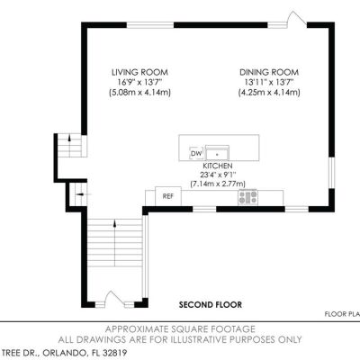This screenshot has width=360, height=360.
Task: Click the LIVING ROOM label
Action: pos(139,72)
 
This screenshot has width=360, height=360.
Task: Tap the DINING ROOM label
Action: pos(269,72)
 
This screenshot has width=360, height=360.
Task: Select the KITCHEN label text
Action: pos(218,166)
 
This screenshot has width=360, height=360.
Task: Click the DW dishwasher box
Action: pos(196,154)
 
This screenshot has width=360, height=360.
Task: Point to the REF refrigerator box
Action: pos(168,196)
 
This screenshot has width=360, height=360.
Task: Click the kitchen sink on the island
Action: pos(218,153)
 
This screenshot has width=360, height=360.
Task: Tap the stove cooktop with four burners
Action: pos(247,197)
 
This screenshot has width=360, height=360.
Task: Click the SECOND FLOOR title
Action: pos(211,305)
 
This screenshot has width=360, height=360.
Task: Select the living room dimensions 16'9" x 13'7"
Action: pos(139,82)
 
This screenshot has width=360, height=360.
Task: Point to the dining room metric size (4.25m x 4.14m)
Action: pos(269,93)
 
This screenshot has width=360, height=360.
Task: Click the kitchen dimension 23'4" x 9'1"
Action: pos(218,175)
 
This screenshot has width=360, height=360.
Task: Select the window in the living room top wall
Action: pos(150,25)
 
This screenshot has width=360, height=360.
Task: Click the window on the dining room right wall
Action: pos(331,173)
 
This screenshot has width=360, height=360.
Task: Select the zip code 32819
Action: pos(115,352)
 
